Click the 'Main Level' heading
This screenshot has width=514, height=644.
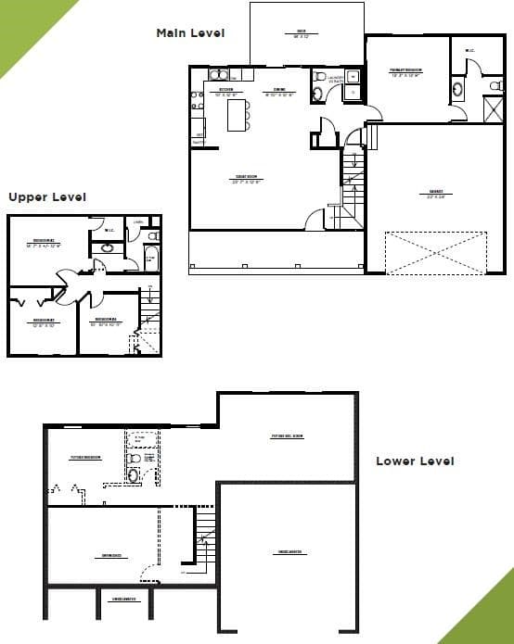click(190, 33)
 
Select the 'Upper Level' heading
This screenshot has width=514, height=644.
click(46, 196)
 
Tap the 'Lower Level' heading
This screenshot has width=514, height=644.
click(415, 461)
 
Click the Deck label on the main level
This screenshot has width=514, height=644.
click(302, 32)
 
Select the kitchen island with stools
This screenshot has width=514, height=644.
click(239, 113)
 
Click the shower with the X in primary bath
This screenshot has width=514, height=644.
click(494, 107)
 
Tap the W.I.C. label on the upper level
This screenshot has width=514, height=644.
click(109, 231)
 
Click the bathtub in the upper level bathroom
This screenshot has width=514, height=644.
click(151, 258)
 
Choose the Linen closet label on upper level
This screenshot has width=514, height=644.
click(138, 222)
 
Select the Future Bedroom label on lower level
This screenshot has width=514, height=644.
click(85, 458)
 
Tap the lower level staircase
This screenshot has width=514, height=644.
click(205, 542)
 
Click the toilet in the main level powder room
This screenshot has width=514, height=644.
click(321, 77)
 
